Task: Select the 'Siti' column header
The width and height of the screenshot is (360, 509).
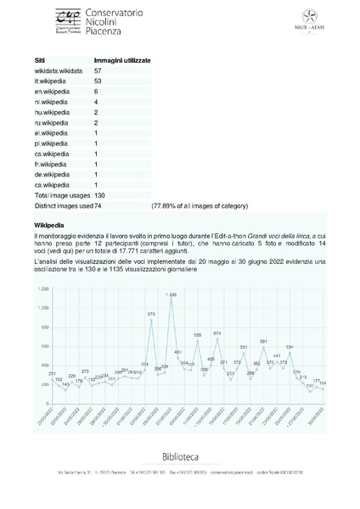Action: pyautogui.click(x=39, y=62)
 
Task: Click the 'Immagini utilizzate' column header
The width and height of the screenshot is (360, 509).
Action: pyautogui.click(x=121, y=62)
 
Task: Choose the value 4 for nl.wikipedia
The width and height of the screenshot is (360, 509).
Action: pyautogui.click(x=96, y=102)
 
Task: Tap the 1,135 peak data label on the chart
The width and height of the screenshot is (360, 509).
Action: pyautogui.click(x=172, y=294)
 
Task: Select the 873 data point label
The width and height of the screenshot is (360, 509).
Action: pyautogui.click(x=151, y=313)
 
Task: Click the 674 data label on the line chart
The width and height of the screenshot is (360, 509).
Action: pyautogui.click(x=217, y=333)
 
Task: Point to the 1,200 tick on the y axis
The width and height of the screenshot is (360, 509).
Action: pyautogui.click(x=42, y=288)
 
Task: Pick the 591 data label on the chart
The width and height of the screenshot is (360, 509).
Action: pyautogui.click(x=263, y=340)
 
